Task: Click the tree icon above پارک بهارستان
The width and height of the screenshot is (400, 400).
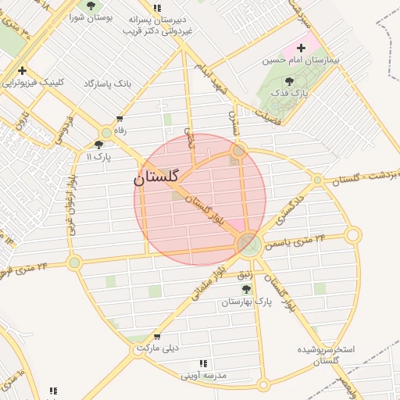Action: tap(246, 289)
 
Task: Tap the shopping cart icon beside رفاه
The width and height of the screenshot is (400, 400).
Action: tap(119, 120)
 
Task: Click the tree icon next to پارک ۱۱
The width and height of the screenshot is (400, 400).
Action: tap(98, 145)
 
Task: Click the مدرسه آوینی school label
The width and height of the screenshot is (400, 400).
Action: tap(203, 376)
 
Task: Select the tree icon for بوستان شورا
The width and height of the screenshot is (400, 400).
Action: tap(91, 5)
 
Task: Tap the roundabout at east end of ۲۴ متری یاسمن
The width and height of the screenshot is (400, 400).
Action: tap(353, 234)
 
